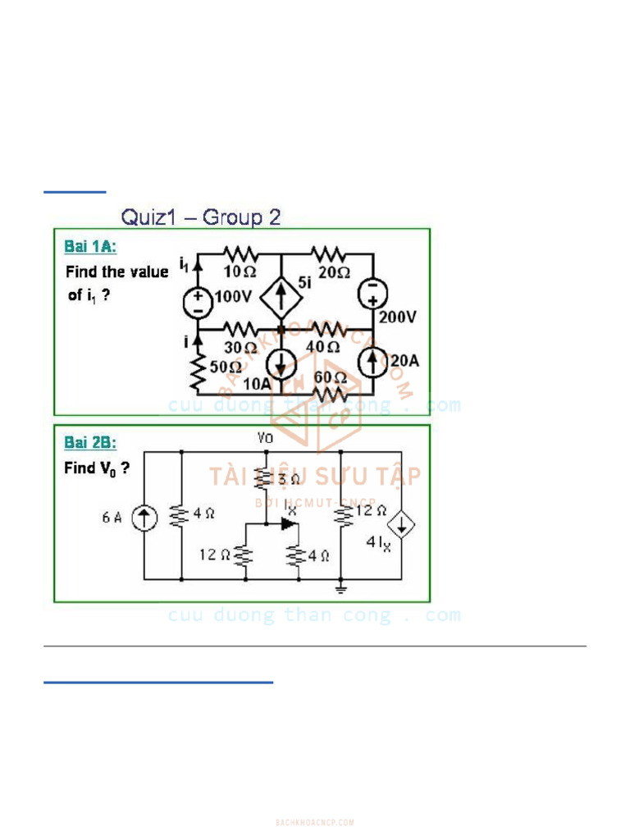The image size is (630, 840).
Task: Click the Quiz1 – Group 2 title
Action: (201, 217)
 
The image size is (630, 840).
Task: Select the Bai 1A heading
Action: (90, 246)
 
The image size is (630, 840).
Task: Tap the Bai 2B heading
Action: (90, 443)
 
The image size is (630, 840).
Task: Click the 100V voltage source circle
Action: (197, 302)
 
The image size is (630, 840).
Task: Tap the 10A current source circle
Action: (281, 362)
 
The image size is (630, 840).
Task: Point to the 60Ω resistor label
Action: (330, 377)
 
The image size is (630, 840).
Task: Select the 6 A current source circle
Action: (145, 517)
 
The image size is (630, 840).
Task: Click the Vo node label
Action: (266, 439)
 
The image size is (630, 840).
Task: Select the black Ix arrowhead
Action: (287, 523)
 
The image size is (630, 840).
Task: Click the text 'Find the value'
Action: (116, 272)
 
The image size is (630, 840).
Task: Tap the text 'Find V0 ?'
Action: (97, 469)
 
